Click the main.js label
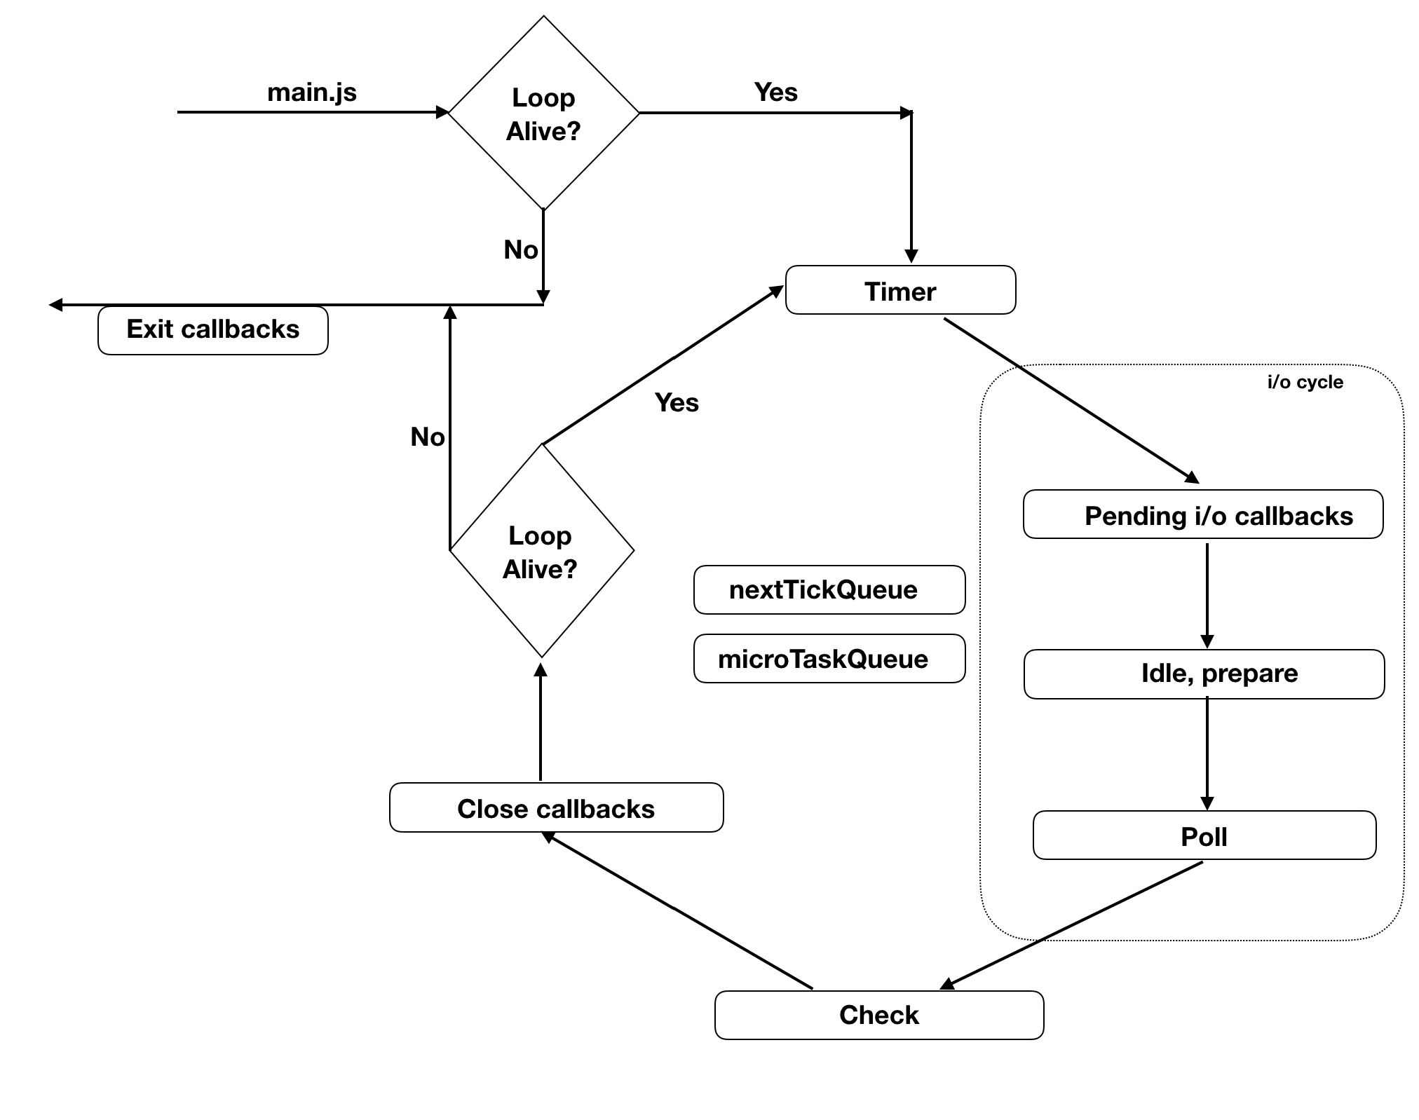coord(312,93)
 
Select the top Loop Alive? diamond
coord(543,114)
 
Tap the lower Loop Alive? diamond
coord(541,552)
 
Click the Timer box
coord(900,290)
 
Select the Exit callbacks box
coord(212,330)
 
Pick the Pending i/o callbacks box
coord(1203,514)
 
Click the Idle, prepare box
coord(1204,674)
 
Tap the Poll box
coord(1204,835)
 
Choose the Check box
coord(879,1015)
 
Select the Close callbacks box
coord(556,807)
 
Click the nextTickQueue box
coord(829,590)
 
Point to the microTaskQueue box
coord(829,659)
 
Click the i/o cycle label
coord(1305,383)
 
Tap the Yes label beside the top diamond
coord(775,93)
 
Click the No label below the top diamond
coord(520,250)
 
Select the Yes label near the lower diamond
coord(677,403)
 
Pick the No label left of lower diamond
coord(427,437)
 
